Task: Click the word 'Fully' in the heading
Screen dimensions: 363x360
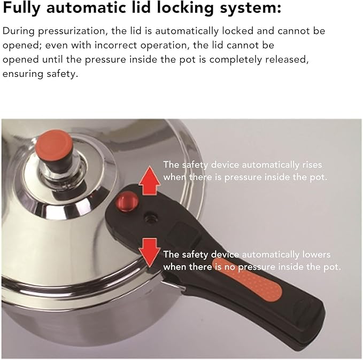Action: pyautogui.click(x=21, y=8)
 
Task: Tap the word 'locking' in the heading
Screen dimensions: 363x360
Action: pyautogui.click(x=185, y=8)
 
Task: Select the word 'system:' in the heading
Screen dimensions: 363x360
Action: pyautogui.click(x=251, y=8)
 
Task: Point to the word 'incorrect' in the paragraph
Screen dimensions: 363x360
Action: pyautogui.click(x=116, y=45)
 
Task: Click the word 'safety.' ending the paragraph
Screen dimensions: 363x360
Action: pyautogui.click(x=62, y=74)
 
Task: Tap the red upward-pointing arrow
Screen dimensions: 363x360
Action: pyautogui.click(x=150, y=181)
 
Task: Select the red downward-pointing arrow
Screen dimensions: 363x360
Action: pyautogui.click(x=150, y=253)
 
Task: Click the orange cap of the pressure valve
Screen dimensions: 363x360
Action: pyautogui.click(x=55, y=143)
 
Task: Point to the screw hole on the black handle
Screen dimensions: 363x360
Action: pyautogui.click(x=151, y=218)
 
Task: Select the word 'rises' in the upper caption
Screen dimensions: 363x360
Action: pyautogui.click(x=312, y=165)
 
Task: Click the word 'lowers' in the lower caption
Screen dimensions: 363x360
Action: pyautogui.click(x=316, y=254)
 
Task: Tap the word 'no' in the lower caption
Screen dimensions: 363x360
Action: pyautogui.click(x=230, y=267)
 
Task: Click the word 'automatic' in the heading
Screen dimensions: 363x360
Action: pyautogui.click(x=86, y=8)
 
